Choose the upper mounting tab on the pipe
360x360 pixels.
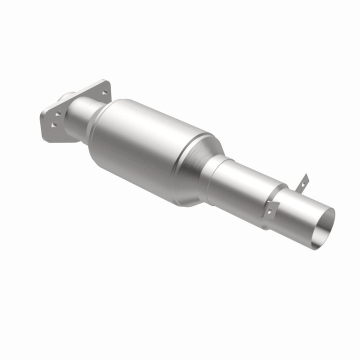(x=303, y=183)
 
